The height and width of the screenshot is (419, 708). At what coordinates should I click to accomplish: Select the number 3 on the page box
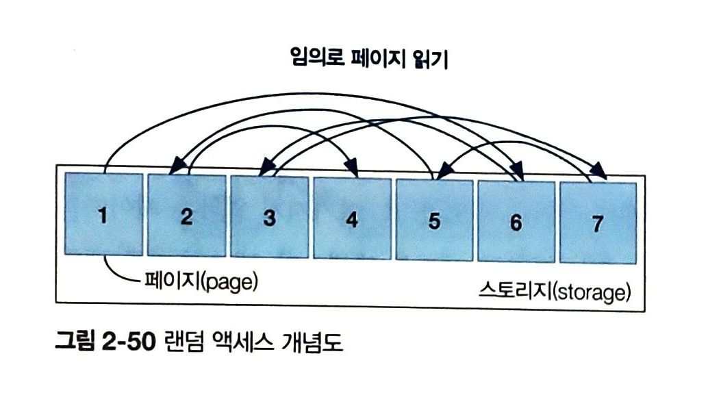(x=269, y=218)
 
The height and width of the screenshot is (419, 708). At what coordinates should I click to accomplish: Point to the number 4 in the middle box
(x=352, y=220)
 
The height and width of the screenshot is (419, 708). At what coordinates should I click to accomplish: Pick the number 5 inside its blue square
(x=434, y=221)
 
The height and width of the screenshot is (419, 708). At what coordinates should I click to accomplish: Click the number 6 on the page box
(x=516, y=223)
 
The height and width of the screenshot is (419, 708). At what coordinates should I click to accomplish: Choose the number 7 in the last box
(x=598, y=225)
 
